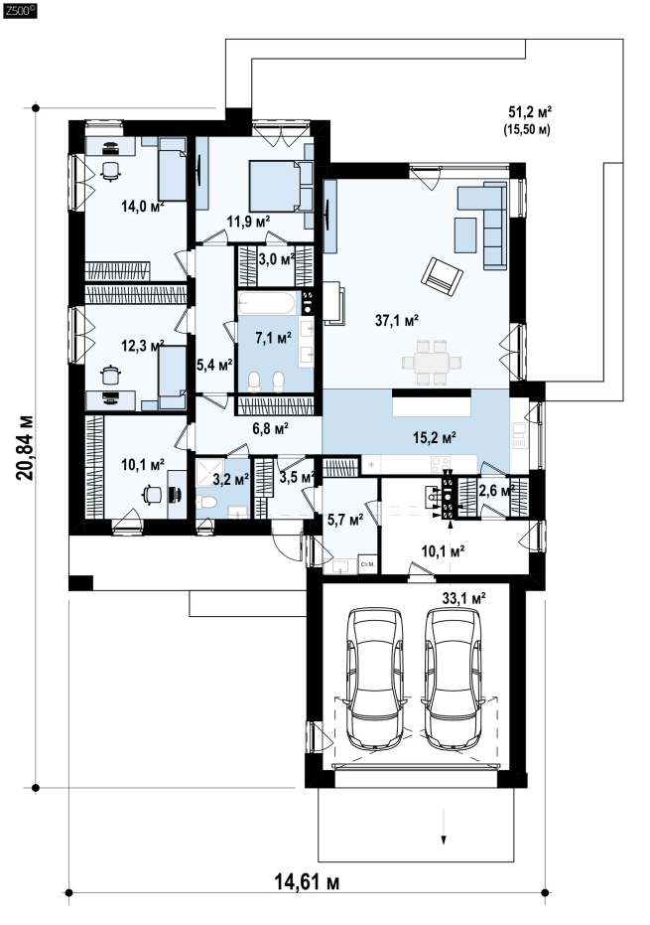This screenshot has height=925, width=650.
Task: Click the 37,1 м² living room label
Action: pos(397,320)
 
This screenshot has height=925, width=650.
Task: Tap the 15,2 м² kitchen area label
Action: pos(435,437)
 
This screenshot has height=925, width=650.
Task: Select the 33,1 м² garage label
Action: pos(463,598)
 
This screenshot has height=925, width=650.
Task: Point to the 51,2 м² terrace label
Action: pos(530,111)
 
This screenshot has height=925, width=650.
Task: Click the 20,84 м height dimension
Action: pos(25,448)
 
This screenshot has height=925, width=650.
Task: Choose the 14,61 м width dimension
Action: pos(307,882)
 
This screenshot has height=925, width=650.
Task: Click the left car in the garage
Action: pos(376,679)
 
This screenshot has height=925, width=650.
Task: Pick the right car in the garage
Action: pos(454,679)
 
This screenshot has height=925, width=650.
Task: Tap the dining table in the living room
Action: pos(432,363)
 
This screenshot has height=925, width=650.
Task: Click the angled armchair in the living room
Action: pos(442,275)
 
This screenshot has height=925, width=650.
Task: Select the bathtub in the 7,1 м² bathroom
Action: pos(267,303)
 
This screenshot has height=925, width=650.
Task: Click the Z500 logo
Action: pos(20,11)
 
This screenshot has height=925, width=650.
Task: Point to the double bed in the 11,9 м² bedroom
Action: pos(276,186)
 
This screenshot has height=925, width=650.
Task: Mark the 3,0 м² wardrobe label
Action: pos(277,259)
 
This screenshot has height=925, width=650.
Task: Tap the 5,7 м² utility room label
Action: pos(344,520)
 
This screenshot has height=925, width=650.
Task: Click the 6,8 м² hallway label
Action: pos(271,429)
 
